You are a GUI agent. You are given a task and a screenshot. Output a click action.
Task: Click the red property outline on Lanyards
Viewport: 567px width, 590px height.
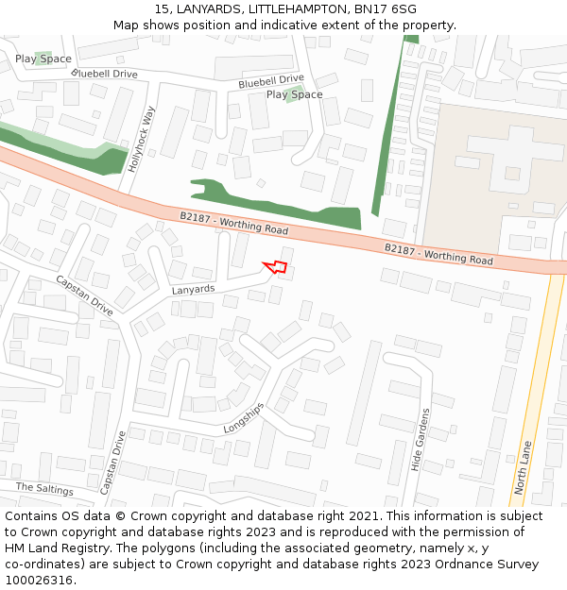pyautogui.click(x=275, y=266)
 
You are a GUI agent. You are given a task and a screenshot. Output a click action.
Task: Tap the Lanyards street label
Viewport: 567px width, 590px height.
pyautogui.click(x=194, y=289)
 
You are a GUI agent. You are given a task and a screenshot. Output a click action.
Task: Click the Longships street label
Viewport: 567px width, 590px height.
pyautogui.click(x=243, y=419)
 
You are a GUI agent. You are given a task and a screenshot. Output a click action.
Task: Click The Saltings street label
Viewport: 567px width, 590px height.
pyautogui.click(x=44, y=488)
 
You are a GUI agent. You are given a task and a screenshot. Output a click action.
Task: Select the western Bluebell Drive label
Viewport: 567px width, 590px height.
pyautogui.click(x=104, y=74)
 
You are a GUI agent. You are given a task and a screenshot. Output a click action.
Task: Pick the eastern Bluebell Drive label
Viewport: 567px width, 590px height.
pyautogui.click(x=271, y=81)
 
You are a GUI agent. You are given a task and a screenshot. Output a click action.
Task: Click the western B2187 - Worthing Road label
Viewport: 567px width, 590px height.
pyautogui.click(x=233, y=224)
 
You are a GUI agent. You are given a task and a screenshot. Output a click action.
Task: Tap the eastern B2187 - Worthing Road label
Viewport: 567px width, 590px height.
pyautogui.click(x=438, y=253)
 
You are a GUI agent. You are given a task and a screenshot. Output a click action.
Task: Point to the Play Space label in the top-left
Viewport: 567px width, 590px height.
pyautogui.click(x=43, y=59)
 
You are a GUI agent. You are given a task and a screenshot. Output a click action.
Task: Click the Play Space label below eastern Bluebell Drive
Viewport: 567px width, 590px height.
pyautogui.click(x=294, y=94)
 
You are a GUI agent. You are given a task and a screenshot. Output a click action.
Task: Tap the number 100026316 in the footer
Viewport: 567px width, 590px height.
pyautogui.click(x=38, y=580)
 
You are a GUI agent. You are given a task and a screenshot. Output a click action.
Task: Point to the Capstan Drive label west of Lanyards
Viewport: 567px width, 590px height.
pyautogui.click(x=83, y=295)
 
